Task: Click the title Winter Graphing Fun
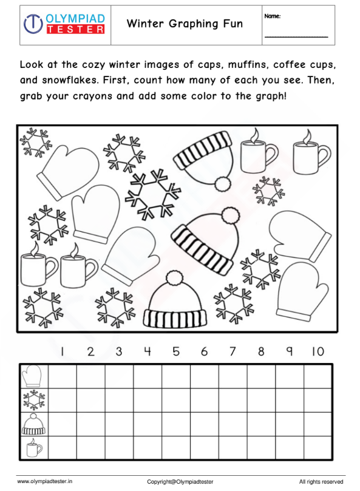point(185,24)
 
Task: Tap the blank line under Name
point(296,36)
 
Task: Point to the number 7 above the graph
point(233,351)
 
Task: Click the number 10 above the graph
point(318,351)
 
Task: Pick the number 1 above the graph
point(62,351)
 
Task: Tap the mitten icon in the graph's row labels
point(32,376)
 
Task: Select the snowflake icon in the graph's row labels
point(32,400)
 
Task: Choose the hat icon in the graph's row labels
point(32,424)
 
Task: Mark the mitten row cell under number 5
point(176,376)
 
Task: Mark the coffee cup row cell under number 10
point(318,448)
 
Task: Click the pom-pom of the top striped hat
point(223,183)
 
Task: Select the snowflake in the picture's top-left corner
point(35,142)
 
